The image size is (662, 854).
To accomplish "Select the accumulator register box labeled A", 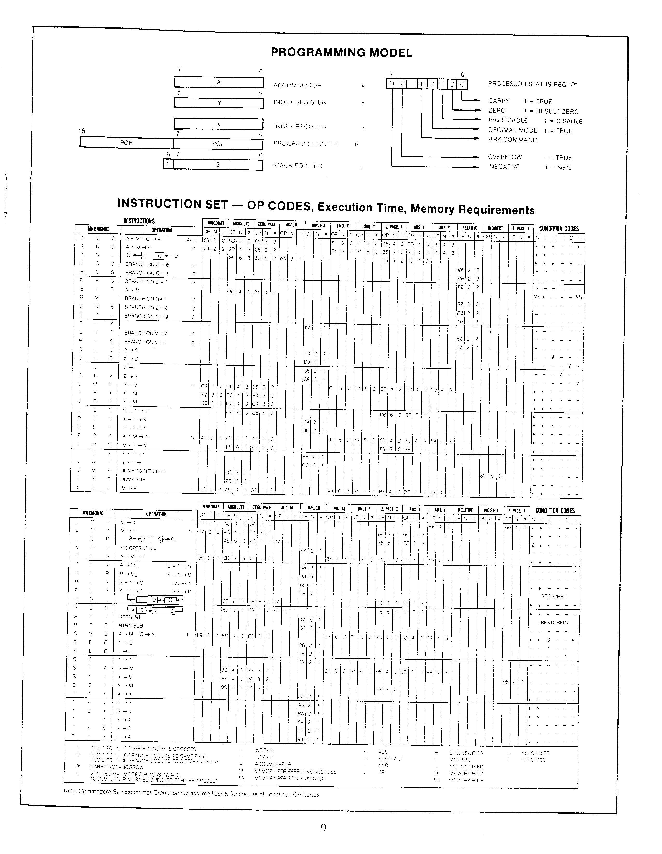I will pos(219,82).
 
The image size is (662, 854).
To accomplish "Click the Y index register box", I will pos(219,103).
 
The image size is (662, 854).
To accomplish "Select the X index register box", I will pos(219,124).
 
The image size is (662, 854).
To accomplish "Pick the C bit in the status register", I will pos(462,84).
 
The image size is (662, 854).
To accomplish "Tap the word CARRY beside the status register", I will pos(499,101).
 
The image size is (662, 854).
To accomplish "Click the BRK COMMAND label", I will pos(512,140).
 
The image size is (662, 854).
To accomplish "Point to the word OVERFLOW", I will pos(505,157).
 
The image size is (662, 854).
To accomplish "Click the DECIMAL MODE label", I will pos(512,130).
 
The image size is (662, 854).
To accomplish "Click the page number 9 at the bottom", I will pos(323,828).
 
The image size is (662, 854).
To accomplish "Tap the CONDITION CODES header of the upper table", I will pos(559,228).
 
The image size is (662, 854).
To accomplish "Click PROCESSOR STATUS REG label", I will pos(532,84).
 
